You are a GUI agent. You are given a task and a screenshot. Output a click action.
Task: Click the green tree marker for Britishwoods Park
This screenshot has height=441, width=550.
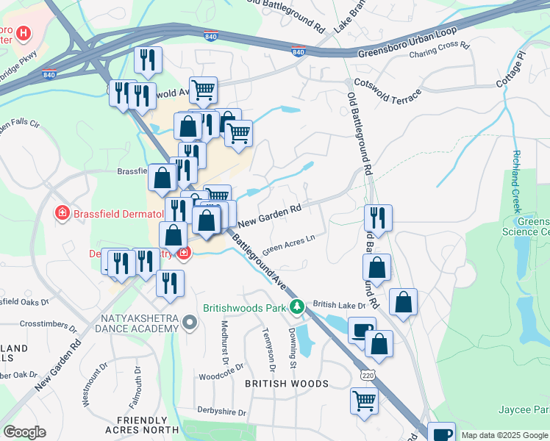pyautogui.click(x=296, y=306)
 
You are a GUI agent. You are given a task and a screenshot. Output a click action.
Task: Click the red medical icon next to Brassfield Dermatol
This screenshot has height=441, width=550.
pyautogui.click(x=63, y=213)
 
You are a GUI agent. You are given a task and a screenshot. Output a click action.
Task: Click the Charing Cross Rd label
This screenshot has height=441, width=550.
pyautogui.click(x=439, y=49)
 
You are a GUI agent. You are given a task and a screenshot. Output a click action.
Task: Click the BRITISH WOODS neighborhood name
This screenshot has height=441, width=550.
pyautogui.click(x=286, y=384)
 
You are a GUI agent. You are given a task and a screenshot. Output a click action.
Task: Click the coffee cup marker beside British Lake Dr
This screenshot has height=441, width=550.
pyautogui.click(x=360, y=331)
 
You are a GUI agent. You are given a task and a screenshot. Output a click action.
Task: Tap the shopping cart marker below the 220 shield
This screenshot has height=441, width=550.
pyautogui.click(x=364, y=402)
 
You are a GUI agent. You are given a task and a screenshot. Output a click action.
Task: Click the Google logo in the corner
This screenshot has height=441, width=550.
pyautogui.click(x=24, y=432)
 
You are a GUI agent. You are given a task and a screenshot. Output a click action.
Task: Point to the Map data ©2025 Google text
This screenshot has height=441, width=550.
pyautogui.click(x=504, y=435)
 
